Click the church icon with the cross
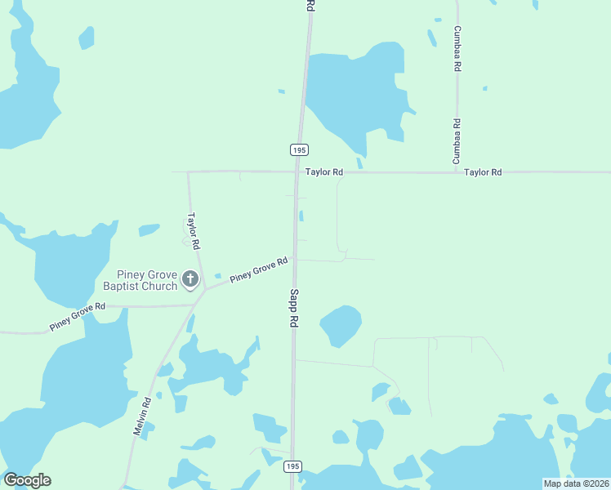point(190,280)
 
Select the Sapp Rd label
point(292,308)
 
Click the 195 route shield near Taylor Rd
point(299,149)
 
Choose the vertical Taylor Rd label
point(194,231)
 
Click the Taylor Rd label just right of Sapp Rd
point(324,172)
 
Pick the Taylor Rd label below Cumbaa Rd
point(483,172)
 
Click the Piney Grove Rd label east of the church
point(259,270)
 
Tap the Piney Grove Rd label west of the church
point(78,316)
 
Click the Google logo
point(27,480)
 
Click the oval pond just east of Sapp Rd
point(341,325)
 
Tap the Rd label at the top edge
point(310,5)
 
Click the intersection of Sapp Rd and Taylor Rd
point(297,172)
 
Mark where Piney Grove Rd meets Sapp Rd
point(295,260)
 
